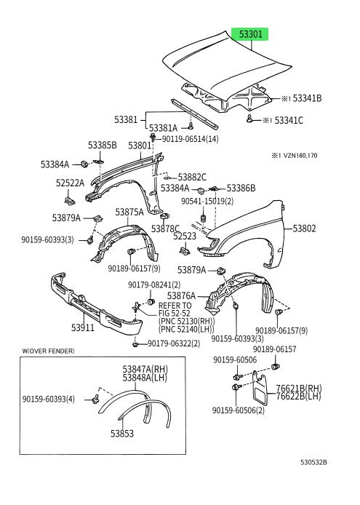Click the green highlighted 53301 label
[x=250, y=33]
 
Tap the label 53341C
[x=289, y=121]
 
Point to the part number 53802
[x=304, y=228]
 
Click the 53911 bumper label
[x=83, y=327]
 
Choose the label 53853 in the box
[x=122, y=434]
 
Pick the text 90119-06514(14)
[x=190, y=139]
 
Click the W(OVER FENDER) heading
[x=48, y=351]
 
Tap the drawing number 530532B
[x=313, y=463]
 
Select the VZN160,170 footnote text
[x=298, y=156]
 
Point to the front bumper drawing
[x=97, y=304]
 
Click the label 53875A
[x=129, y=212]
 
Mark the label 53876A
[x=181, y=295]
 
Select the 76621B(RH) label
[x=299, y=389]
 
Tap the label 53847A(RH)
[x=145, y=370]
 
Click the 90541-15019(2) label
[x=207, y=202]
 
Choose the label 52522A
[x=71, y=183]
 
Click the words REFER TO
[x=175, y=306]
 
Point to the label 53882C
[x=192, y=177]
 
